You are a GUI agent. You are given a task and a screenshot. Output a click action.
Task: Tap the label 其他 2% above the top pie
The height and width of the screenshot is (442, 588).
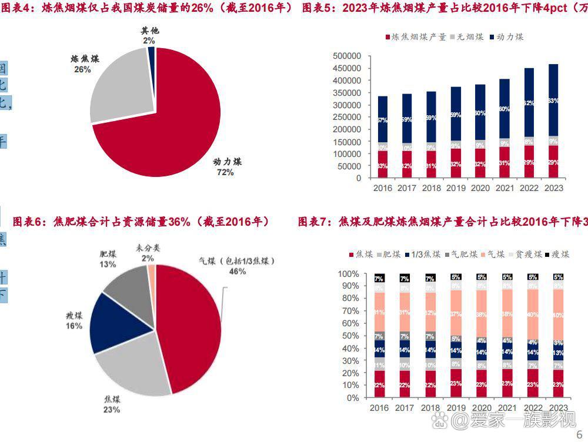(149, 35)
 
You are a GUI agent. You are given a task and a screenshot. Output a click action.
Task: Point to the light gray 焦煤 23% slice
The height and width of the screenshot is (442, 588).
(132, 364)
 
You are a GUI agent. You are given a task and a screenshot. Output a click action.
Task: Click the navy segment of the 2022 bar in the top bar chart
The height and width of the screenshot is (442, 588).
(529, 103)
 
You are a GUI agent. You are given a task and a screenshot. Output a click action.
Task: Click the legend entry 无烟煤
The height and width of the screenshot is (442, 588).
(467, 37)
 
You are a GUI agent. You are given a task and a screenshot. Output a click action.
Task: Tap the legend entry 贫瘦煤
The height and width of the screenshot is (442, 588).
(525, 255)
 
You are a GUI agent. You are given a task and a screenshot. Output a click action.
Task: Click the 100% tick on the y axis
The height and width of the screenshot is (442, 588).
(348, 274)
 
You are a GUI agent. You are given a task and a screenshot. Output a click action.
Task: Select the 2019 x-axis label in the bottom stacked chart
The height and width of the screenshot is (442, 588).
(455, 408)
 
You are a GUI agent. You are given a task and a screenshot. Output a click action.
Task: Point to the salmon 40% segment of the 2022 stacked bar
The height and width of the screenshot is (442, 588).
(532, 314)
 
